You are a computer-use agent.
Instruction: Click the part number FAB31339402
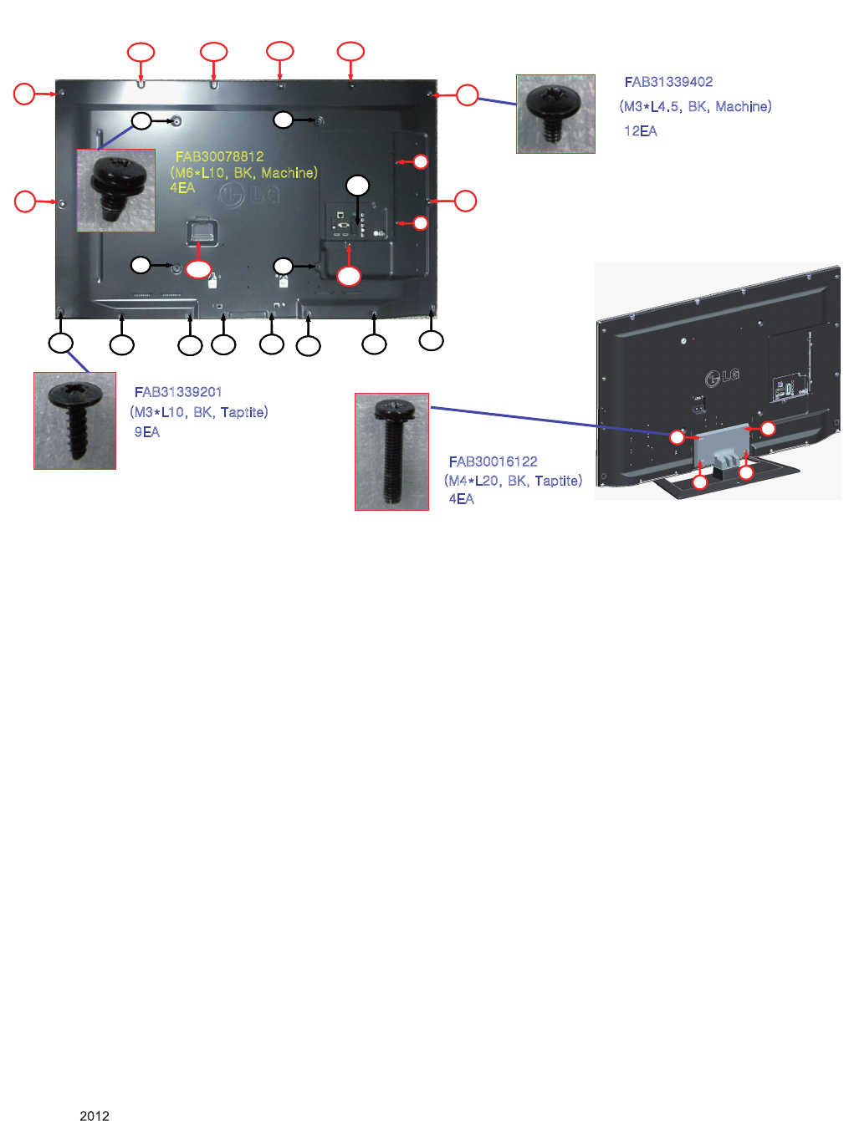pos(668,82)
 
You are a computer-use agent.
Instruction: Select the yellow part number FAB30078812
pos(219,156)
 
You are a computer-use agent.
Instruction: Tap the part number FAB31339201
pos(178,392)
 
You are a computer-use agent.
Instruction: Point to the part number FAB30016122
pos(493,461)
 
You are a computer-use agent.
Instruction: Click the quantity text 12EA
pos(641,131)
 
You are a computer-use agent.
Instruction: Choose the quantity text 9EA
pos(147,432)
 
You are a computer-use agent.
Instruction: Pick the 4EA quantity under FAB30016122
pos(462,499)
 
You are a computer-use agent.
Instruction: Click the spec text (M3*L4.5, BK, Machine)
pos(695,107)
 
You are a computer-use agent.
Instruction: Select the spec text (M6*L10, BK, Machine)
pos(243,173)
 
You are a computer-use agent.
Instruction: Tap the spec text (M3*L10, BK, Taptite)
pos(199,412)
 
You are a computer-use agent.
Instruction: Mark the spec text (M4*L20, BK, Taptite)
pos(513,481)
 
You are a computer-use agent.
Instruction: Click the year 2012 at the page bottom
pos(95,1115)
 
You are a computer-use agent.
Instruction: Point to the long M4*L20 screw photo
pos(391,451)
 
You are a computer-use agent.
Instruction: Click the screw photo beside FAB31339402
pos(555,114)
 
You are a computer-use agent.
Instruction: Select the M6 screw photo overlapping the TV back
pos(116,191)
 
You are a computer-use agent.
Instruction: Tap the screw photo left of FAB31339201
pos(74,420)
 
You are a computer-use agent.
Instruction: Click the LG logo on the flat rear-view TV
pos(249,196)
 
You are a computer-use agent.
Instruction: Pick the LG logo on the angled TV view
pos(722,377)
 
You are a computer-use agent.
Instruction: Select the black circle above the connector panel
pos(358,186)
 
